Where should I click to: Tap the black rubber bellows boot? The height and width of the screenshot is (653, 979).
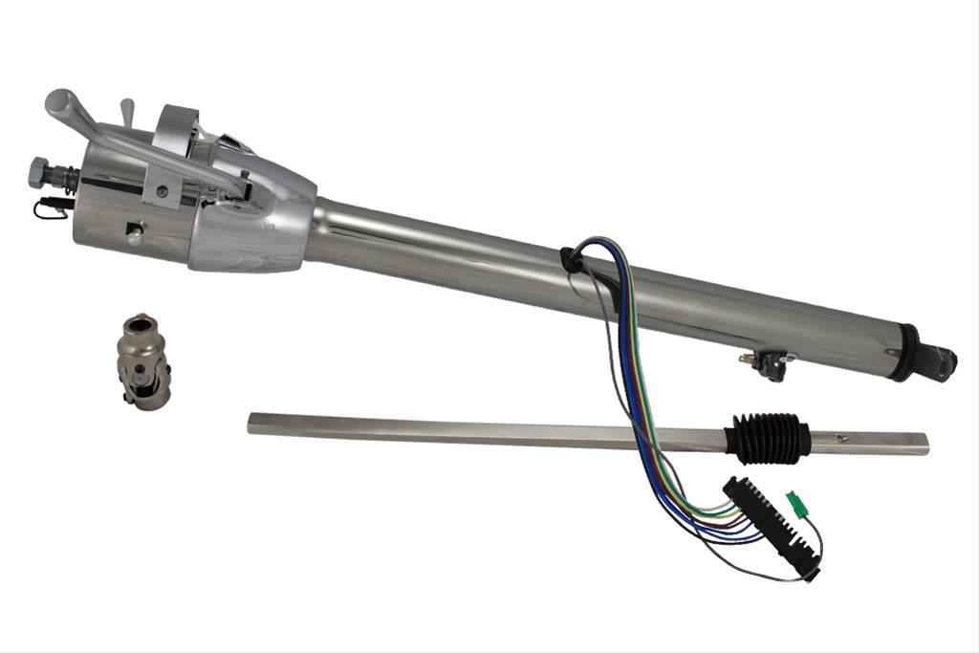767,436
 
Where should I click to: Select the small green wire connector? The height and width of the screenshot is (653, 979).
793,500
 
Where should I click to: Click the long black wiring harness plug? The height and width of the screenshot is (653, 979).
772,529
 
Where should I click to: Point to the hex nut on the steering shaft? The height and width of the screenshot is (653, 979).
41,171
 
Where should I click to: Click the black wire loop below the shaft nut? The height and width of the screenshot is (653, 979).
51,208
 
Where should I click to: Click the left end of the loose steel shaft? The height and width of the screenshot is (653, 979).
253,422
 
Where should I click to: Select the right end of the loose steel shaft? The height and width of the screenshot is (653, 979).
923,444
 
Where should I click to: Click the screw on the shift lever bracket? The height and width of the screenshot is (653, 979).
163,191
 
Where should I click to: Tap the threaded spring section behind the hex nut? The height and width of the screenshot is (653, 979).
64,179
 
